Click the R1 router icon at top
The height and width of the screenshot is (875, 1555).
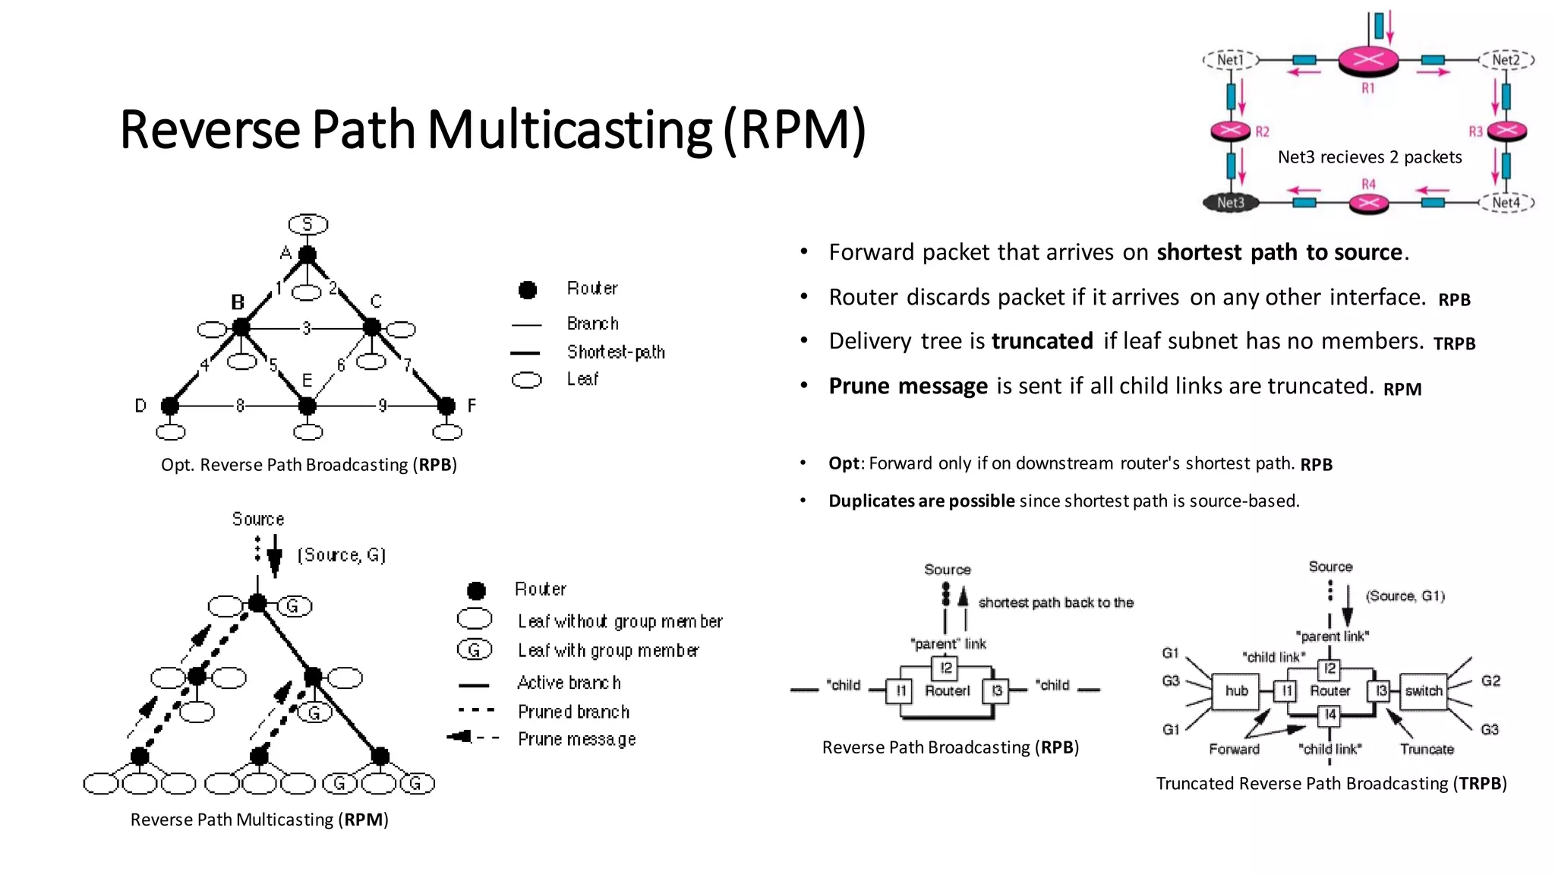pos(1367,60)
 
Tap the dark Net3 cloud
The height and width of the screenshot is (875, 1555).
pos(1231,203)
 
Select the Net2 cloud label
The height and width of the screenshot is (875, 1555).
pos(1506,60)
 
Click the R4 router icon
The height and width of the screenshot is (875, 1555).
pos(1368,203)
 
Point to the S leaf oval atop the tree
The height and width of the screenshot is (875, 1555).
pos(308,224)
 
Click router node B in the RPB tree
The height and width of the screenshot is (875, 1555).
pos(241,327)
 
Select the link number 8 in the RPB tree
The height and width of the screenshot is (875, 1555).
pos(240,406)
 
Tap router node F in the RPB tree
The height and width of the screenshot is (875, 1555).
pos(446,406)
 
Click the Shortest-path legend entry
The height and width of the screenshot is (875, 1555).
pos(615,352)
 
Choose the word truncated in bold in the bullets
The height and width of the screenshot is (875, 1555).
pos(1042,341)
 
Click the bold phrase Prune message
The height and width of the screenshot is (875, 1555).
pos(907,386)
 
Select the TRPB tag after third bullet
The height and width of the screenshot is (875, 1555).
pos(1454,344)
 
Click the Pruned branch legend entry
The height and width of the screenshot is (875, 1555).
pos(573,712)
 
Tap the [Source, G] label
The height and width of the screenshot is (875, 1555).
pos(342,555)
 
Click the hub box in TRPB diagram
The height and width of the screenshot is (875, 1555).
pos(1236,691)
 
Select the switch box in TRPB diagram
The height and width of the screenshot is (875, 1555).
pos(1423,691)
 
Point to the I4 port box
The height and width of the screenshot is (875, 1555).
pos(1329,715)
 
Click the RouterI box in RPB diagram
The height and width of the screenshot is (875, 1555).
pos(947,691)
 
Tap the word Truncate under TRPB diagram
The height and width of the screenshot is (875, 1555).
pos(1427,750)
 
